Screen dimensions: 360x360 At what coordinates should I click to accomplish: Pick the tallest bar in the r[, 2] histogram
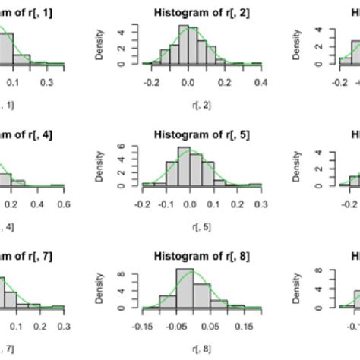click(193, 46)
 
